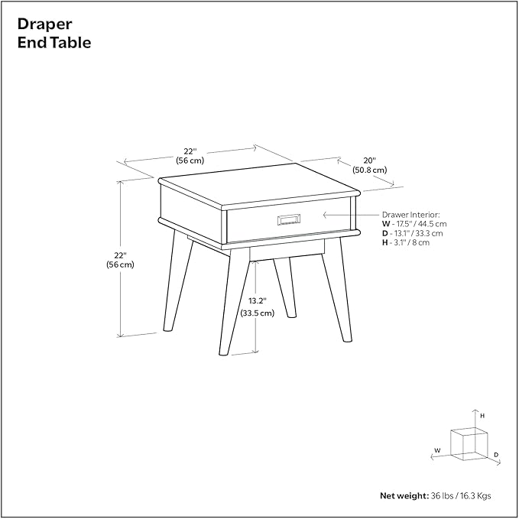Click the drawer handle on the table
pos(288,220)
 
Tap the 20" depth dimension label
pos(369,161)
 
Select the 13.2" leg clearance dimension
pos(257,302)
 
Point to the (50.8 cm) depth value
pos(369,170)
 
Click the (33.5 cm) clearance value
pos(257,313)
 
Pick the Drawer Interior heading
pos(411,215)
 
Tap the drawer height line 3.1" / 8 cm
pos(408,242)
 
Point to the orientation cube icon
pos(469,443)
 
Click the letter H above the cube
pos(482,415)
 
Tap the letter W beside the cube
pos(437,450)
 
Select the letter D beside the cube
pos(495,455)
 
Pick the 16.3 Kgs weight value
pos(475,495)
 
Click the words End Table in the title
pos(54,43)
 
